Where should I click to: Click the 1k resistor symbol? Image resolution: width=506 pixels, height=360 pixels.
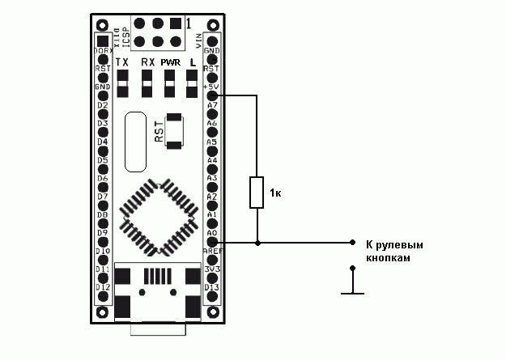point(257,193)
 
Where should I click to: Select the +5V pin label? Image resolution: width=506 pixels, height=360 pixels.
point(212,87)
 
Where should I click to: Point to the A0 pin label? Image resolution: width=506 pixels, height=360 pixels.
point(212,233)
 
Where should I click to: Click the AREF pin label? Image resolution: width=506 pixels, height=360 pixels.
point(212,252)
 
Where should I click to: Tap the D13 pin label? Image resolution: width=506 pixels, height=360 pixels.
point(212,287)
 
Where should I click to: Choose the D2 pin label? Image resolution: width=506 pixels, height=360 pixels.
point(103,105)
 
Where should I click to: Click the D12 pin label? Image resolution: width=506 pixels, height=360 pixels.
point(103,287)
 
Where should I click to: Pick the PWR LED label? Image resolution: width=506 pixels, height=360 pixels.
point(170,62)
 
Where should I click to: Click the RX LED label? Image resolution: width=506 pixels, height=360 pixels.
point(147,62)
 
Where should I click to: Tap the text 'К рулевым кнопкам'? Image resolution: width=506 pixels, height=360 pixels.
point(394,251)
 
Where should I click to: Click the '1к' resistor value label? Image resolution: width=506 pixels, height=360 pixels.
point(276,193)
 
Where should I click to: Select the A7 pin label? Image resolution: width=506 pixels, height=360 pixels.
point(212,105)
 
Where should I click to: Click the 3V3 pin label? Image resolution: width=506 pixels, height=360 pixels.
point(212,269)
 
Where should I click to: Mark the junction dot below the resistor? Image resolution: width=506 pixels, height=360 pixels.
point(257,242)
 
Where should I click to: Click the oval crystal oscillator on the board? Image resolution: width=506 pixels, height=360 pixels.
point(137,141)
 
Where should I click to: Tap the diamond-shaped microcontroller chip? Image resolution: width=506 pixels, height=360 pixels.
point(159,214)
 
